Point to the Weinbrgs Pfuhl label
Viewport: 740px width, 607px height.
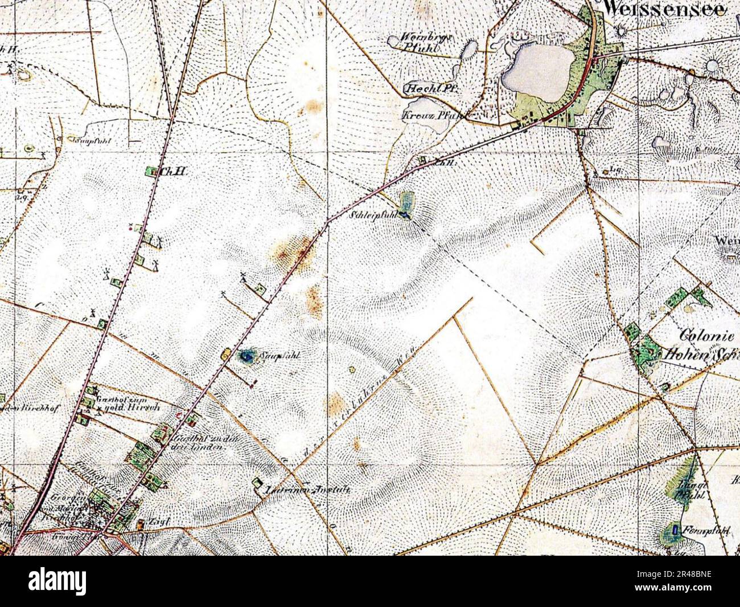[426, 42]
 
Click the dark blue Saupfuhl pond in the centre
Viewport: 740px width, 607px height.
[246, 357]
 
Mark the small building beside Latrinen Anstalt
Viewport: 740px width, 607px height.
[257, 484]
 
